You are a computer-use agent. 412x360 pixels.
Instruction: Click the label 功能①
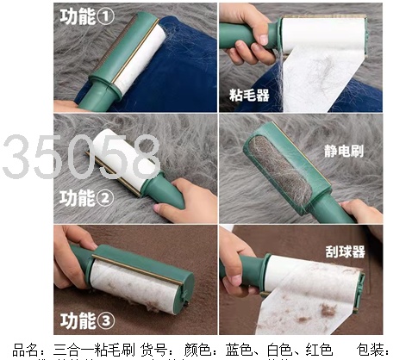pyautogui.click(x=87, y=16)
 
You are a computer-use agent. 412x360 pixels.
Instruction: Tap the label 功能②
pyautogui.click(x=86, y=198)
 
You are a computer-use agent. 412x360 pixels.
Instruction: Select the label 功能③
pyautogui.click(x=87, y=320)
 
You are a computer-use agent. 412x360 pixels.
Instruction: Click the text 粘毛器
pyautogui.click(x=249, y=95)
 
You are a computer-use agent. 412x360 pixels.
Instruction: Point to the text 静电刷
pyautogui.click(x=344, y=151)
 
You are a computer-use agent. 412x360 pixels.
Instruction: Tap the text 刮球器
pyautogui.click(x=346, y=251)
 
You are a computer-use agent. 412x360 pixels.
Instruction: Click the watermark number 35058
pyautogui.click(x=81, y=157)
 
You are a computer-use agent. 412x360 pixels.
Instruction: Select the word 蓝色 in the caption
pyautogui.click(x=239, y=350)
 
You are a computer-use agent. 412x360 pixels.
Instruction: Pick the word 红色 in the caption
pyautogui.click(x=319, y=350)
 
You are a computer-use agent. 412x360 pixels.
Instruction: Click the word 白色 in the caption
pyautogui.click(x=280, y=350)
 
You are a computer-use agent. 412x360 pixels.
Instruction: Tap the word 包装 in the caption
pyautogui.click(x=370, y=350)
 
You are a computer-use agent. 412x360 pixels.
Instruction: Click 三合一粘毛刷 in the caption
pyautogui.click(x=94, y=350)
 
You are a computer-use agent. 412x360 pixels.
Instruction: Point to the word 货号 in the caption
pyautogui.click(x=153, y=350)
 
